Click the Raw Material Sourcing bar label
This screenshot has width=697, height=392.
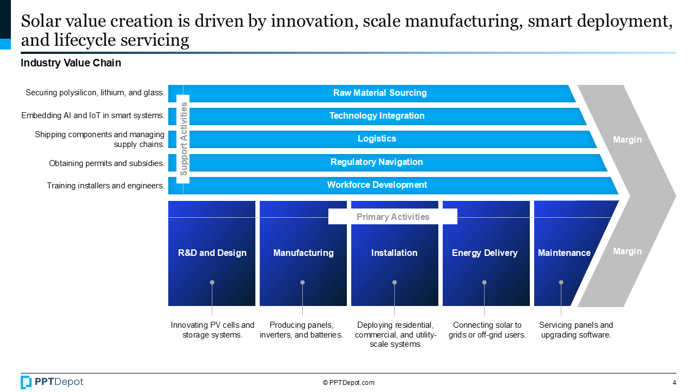[x=380, y=93]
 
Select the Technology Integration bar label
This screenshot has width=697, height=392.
[x=377, y=116]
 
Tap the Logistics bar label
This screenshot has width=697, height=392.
[x=377, y=139]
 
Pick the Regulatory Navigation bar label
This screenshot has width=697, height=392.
[x=377, y=162]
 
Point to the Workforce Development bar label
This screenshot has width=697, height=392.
[x=377, y=185]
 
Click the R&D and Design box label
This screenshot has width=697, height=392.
[x=212, y=253]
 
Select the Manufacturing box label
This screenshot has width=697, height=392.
[x=303, y=253]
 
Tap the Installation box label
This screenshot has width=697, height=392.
[x=394, y=253]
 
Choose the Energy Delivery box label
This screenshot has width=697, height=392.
[x=485, y=253]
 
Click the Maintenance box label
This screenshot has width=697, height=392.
[x=564, y=253]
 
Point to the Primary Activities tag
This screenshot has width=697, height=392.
[x=393, y=217]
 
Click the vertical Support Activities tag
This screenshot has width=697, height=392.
[x=184, y=139]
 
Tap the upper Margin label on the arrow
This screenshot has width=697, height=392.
[x=627, y=140]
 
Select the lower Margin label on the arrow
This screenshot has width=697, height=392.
[x=627, y=252]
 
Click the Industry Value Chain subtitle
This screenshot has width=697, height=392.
[x=71, y=63]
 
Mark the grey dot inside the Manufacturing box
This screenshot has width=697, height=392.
[x=303, y=283]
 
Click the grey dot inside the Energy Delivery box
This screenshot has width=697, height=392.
[x=484, y=283]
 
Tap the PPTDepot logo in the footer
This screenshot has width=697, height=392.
[x=52, y=382]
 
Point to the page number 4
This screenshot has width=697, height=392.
[x=674, y=383]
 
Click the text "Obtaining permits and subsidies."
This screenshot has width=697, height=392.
[x=107, y=163]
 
